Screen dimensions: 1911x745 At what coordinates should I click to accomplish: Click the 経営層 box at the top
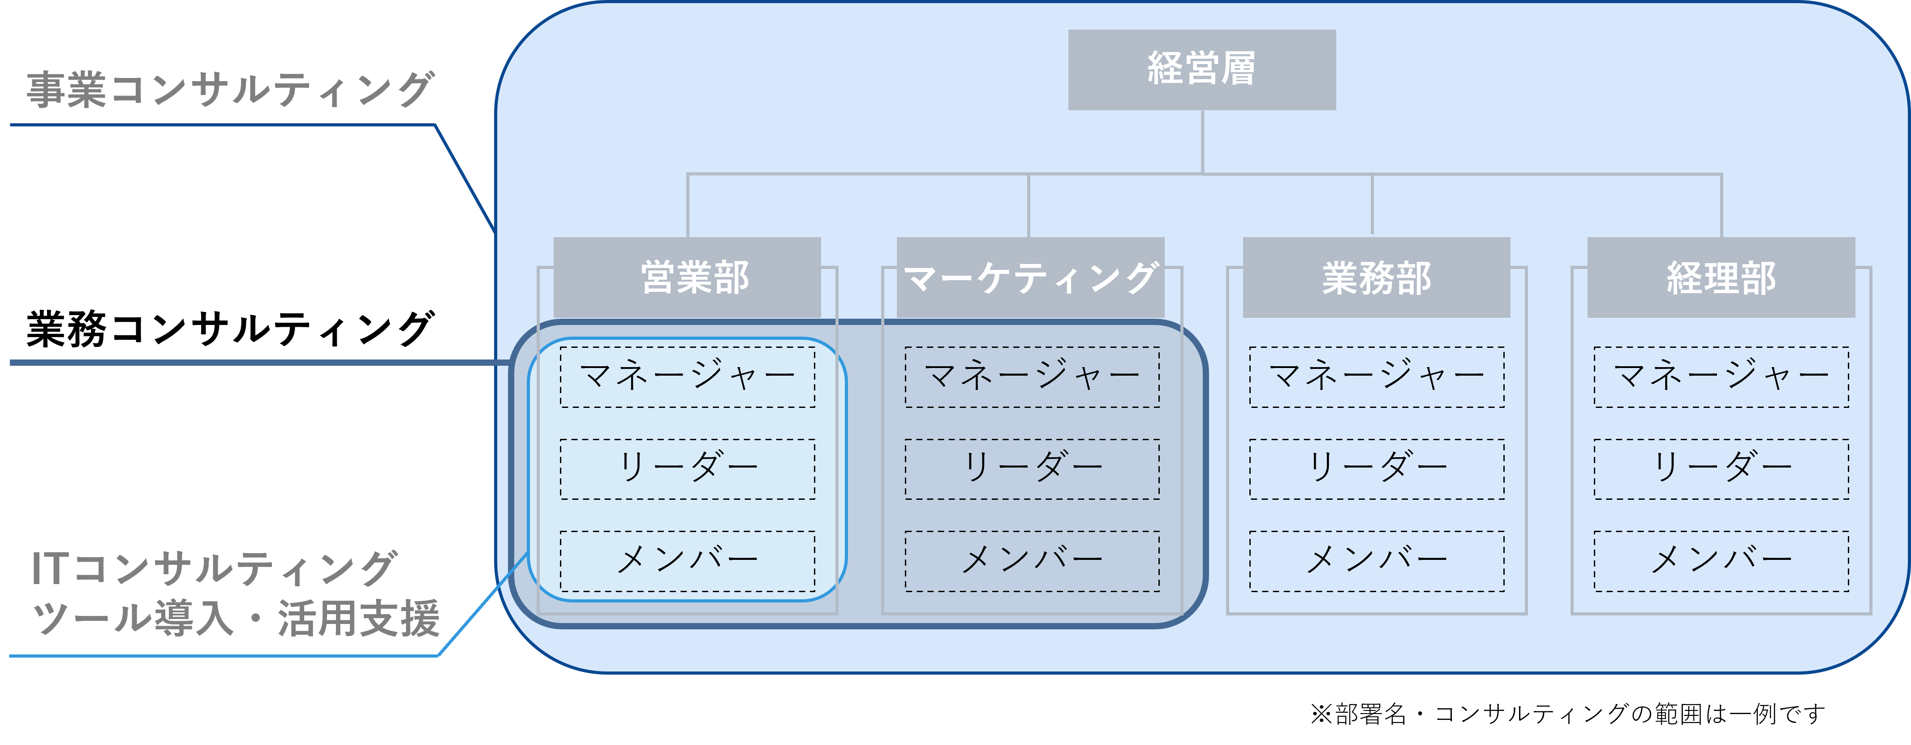point(1202,70)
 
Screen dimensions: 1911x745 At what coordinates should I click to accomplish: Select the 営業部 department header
point(687,277)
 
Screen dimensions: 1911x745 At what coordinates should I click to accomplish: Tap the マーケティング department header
point(1030,277)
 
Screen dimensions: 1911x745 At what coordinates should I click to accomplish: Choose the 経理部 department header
point(1721,277)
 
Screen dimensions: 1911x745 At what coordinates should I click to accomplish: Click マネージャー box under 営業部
point(688,377)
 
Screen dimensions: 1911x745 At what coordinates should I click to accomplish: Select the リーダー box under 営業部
point(688,469)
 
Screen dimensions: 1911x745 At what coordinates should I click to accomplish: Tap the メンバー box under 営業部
point(688,561)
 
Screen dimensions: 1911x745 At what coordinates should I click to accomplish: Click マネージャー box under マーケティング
point(1032,377)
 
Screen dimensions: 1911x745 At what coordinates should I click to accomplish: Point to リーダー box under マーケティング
point(1032,469)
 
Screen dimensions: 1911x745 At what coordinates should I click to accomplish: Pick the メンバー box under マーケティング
point(1032,561)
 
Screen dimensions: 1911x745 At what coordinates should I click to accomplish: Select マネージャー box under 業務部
point(1377,377)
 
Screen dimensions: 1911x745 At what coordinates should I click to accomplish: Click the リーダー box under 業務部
point(1377,469)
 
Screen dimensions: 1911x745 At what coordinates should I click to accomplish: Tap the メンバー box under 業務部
point(1377,561)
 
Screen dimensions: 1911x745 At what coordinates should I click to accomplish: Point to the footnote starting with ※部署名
point(1567,714)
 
